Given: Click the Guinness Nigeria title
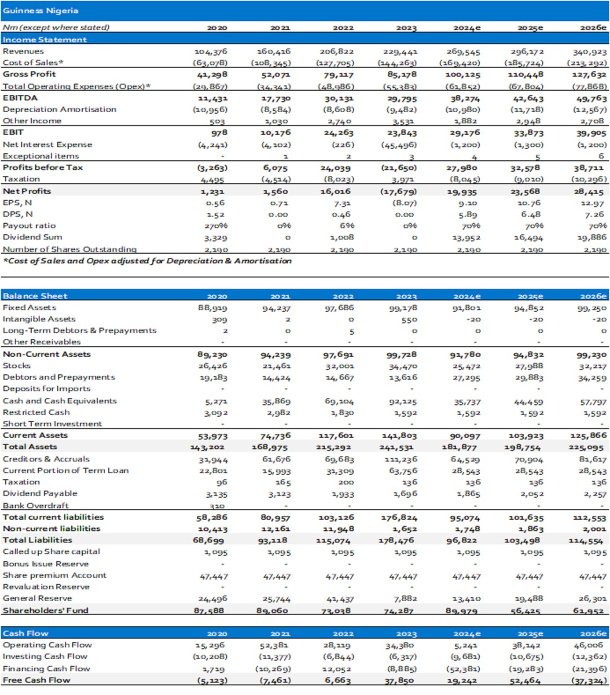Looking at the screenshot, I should tap(40, 11).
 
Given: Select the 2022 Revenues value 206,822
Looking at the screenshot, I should tap(337, 52).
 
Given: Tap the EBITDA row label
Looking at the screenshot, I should tap(20, 98).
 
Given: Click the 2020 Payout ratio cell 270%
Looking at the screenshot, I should tap(216, 226).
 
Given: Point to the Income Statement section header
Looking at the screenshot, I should tap(44, 40).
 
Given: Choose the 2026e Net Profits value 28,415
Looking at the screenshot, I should tap(592, 192).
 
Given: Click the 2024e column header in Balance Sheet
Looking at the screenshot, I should tap(467, 296).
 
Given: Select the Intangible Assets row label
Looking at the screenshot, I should tap(39, 319).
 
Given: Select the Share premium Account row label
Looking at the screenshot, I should tap(55, 575).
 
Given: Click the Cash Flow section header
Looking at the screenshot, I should tap(26, 633).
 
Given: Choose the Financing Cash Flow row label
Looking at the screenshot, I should tap(46, 669).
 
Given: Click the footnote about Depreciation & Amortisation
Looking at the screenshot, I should tap(147, 261).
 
